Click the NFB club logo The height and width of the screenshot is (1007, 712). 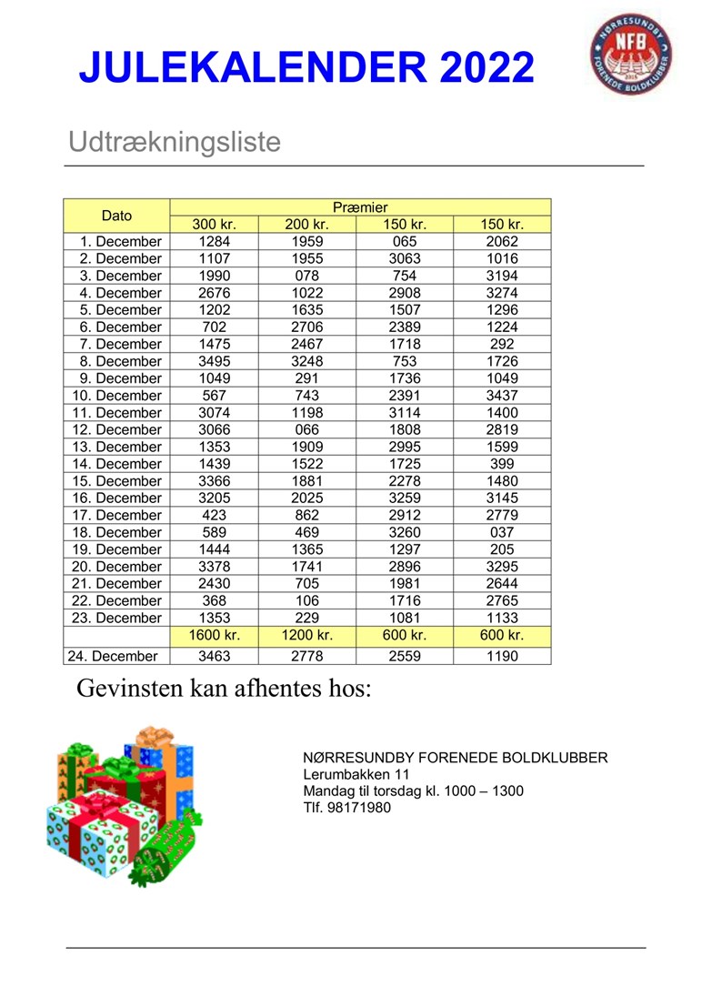(x=629, y=54)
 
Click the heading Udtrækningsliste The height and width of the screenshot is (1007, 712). (x=175, y=142)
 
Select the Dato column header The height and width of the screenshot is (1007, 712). (x=116, y=216)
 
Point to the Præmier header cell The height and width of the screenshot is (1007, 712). (x=360, y=207)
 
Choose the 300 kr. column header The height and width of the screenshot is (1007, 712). (x=214, y=225)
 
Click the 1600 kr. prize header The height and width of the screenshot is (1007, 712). (x=214, y=635)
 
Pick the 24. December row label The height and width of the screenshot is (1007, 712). (x=113, y=655)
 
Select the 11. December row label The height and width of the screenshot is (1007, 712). (x=115, y=412)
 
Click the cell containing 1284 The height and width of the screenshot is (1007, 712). (x=214, y=241)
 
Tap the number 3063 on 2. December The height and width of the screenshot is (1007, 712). (x=405, y=258)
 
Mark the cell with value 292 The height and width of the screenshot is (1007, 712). (x=501, y=344)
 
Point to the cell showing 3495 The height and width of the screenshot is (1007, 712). (x=214, y=361)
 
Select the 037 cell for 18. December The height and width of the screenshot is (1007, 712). (x=501, y=532)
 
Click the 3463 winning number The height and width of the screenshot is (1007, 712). (x=214, y=655)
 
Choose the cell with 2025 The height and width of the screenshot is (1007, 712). (x=307, y=498)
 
